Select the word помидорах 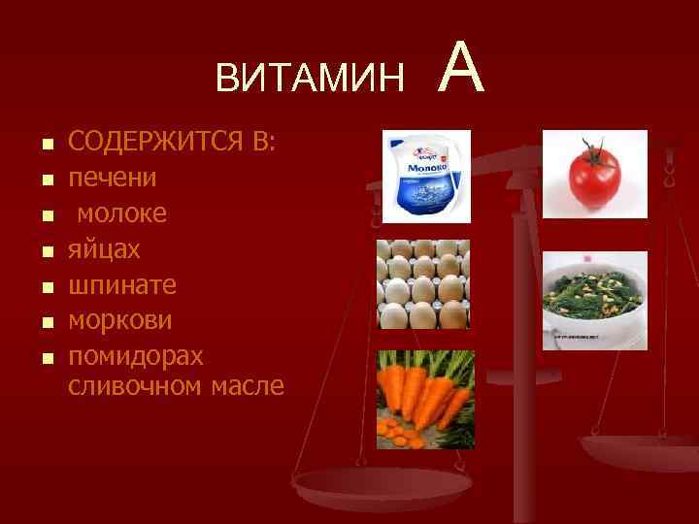pos(136,356)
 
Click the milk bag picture pos(424,177)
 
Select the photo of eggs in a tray pos(422,284)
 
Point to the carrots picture pos(425,399)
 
